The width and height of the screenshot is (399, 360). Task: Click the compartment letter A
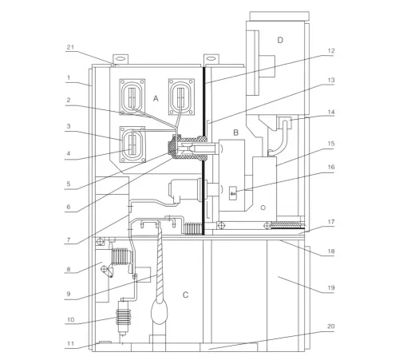pos(156,99)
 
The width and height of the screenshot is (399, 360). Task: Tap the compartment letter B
pos(235,133)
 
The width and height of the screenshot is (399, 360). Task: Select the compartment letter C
pos(185,295)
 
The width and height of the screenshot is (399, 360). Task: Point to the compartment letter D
pos(280,40)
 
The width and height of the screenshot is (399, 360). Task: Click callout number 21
pos(70,47)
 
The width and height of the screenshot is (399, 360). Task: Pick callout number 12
pos(331,51)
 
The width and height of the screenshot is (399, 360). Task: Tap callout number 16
pos(331,167)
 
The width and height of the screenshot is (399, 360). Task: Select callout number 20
pos(331,326)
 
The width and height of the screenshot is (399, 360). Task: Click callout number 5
pos(69,184)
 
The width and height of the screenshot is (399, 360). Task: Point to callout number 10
pos(70,319)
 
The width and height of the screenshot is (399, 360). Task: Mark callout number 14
pos(331,113)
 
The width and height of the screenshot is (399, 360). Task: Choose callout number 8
pos(69,269)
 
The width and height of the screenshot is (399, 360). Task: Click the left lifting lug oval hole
pos(120,58)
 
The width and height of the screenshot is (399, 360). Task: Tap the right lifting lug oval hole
pos(211,58)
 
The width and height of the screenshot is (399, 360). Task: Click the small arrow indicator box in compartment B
pos(233,193)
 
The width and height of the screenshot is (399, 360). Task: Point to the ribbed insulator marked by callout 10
pos(124,317)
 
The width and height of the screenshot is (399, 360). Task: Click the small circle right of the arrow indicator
pos(263,208)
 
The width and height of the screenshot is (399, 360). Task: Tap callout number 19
pos(331,288)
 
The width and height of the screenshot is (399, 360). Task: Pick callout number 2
pos(69,100)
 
